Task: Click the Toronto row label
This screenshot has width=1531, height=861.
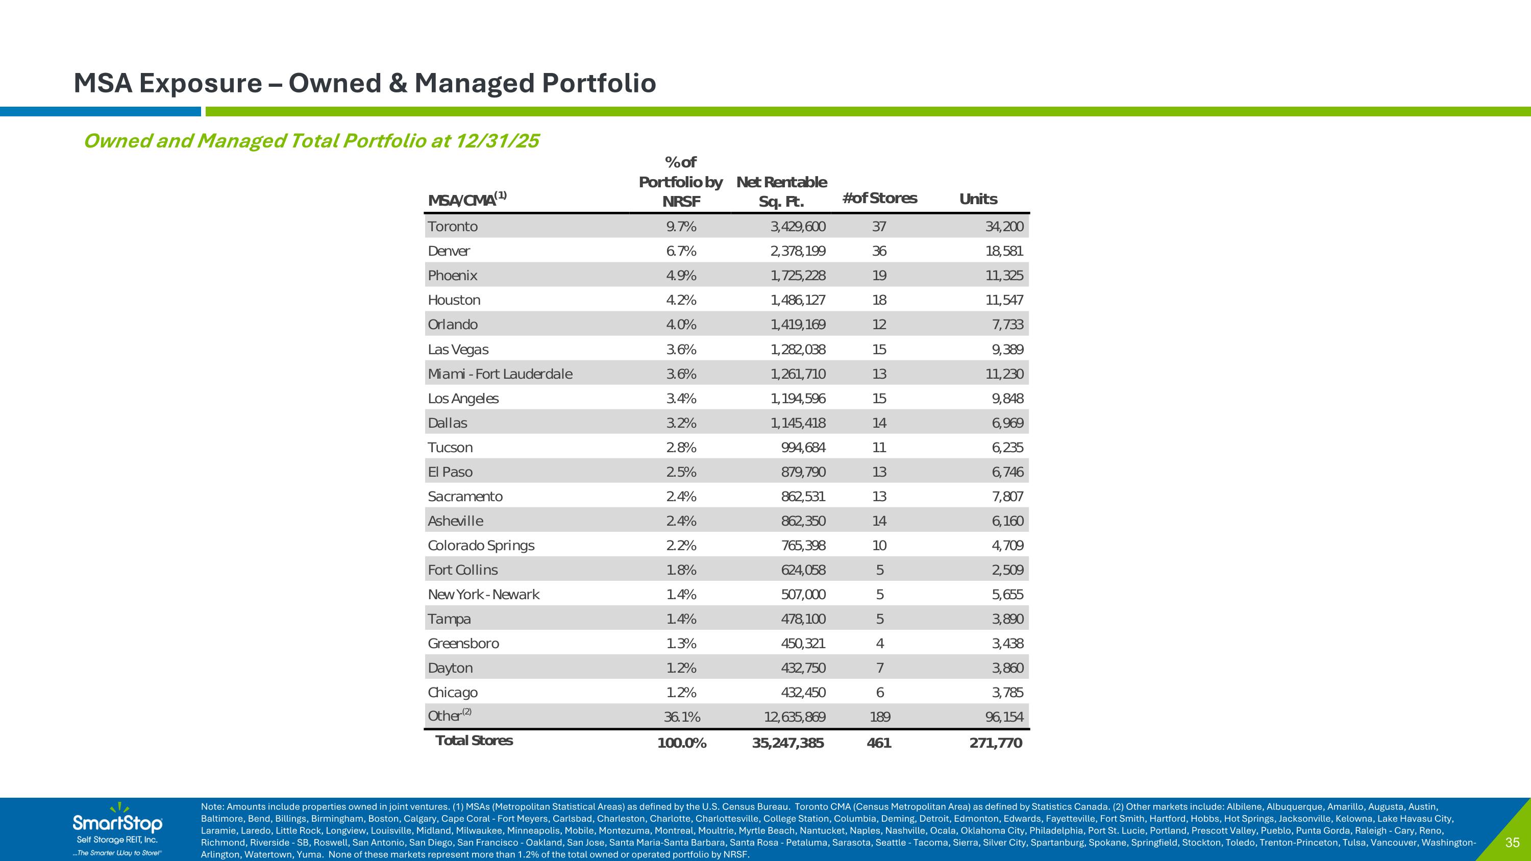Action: coord(452,227)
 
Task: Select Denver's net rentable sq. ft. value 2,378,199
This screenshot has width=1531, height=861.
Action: coord(798,251)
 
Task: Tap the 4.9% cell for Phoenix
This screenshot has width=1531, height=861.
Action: coord(681,276)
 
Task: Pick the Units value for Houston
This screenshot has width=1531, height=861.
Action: coord(1004,300)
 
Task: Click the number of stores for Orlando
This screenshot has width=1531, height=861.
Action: coord(879,325)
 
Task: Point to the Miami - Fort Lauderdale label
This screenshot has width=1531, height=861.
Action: coord(500,374)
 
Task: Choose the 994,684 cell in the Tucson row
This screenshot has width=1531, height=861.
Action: coord(803,448)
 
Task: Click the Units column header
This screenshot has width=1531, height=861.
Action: coord(978,199)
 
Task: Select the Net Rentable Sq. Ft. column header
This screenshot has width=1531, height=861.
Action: coord(781,191)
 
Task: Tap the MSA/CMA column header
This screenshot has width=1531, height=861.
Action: coord(467,199)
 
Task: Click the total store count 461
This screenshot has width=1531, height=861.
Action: coord(879,743)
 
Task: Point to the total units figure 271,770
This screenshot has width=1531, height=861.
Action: coord(996,743)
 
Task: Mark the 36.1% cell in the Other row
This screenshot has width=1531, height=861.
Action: coord(682,717)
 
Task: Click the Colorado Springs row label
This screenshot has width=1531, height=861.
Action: coord(481,546)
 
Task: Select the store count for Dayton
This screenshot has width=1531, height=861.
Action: coord(880,668)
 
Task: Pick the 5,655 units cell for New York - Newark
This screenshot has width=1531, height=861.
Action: coord(1007,595)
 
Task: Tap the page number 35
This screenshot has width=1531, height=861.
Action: coord(1512,843)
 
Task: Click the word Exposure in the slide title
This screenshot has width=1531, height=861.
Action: coord(200,83)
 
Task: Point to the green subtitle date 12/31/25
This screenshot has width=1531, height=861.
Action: coord(497,141)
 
